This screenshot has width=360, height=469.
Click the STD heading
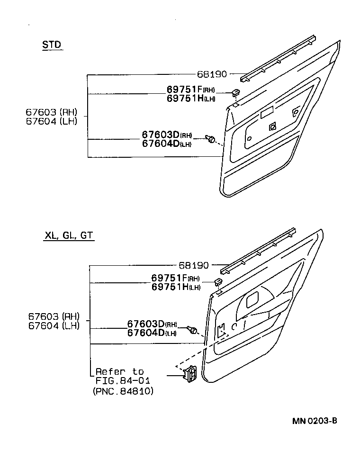click(x=52, y=45)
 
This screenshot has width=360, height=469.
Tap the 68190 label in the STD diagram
click(x=212, y=74)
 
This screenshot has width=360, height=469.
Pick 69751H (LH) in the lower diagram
click(x=176, y=287)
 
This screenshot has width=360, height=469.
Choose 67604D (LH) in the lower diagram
click(x=152, y=333)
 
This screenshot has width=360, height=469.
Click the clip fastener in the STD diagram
click(x=211, y=138)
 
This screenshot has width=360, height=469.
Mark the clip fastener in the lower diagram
click(x=192, y=329)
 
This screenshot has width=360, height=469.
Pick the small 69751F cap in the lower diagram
click(x=218, y=282)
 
